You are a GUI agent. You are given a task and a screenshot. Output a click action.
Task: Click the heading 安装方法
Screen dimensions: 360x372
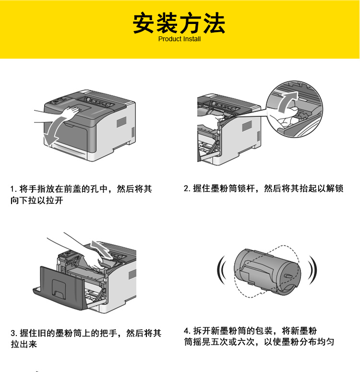pyautogui.click(x=179, y=23)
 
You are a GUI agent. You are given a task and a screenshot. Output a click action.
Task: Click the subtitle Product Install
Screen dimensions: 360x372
pyautogui.click(x=180, y=39)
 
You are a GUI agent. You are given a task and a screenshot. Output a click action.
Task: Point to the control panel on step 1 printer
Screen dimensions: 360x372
pyautogui.click(x=58, y=100)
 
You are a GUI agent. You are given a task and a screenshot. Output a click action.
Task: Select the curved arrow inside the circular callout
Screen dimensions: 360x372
pyautogui.click(x=288, y=102)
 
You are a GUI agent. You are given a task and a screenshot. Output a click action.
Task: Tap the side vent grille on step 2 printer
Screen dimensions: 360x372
pyautogui.click(x=247, y=126)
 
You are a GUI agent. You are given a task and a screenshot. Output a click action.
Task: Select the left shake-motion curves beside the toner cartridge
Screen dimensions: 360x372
pyautogui.click(x=221, y=270)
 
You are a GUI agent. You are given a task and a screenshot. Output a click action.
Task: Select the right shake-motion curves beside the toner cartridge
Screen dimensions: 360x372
pyautogui.click(x=312, y=270)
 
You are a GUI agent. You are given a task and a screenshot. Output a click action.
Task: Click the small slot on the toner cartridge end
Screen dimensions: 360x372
pyautogui.click(x=288, y=276)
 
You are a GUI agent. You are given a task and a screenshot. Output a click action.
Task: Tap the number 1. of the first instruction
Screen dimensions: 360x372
pyautogui.click(x=13, y=189)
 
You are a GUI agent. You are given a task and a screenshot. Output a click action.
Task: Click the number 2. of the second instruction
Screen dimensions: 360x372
pyautogui.click(x=187, y=188)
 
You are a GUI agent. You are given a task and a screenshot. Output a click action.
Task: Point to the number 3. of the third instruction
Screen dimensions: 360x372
pyautogui.click(x=14, y=333)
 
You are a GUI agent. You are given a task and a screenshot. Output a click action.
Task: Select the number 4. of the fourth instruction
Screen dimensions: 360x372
pyautogui.click(x=187, y=331)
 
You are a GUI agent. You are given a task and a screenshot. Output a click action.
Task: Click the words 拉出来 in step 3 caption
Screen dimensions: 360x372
pyautogui.click(x=24, y=344)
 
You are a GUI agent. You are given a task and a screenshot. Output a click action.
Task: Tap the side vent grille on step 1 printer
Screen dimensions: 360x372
pyautogui.click(x=121, y=122)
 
